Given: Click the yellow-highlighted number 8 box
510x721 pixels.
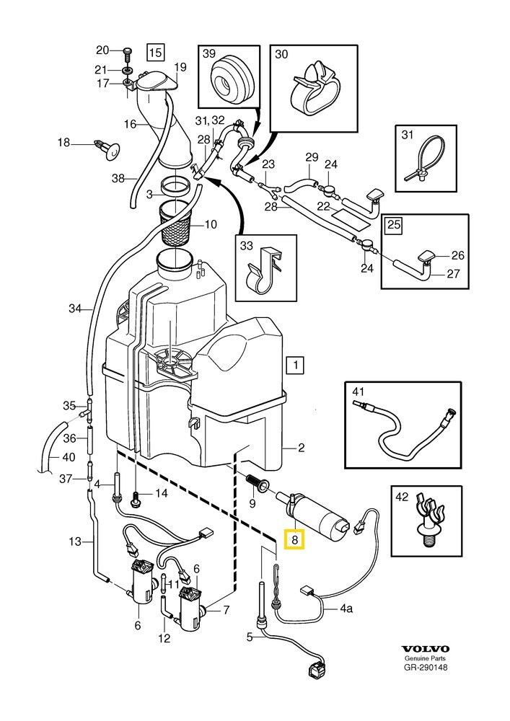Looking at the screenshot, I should pyautogui.click(x=295, y=539).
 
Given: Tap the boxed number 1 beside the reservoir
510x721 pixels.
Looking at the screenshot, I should pyautogui.click(x=294, y=366).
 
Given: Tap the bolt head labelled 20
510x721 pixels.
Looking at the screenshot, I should pyautogui.click(x=128, y=51).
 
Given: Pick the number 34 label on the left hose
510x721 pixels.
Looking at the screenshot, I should pyautogui.click(x=76, y=309).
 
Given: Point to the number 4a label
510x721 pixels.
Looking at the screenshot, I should pyautogui.click(x=346, y=609).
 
